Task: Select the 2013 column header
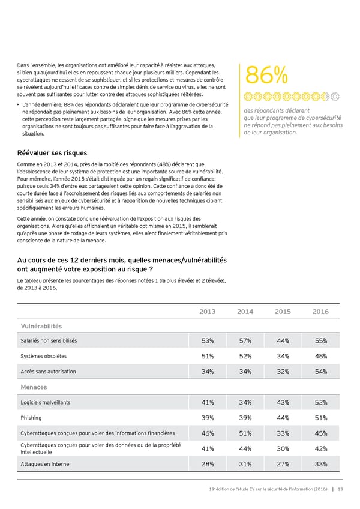point(208,312)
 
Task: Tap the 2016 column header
point(320,312)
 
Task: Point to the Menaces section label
point(34,387)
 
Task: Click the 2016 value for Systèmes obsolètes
point(320,357)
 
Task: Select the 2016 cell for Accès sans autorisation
point(320,372)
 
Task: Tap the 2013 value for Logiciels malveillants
point(208,403)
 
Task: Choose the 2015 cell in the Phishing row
point(283,418)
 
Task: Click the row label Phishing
point(31,418)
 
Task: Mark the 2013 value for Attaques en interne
point(208,463)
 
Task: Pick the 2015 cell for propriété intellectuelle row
point(283,448)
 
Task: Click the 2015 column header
point(283,312)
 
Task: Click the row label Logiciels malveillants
point(46,403)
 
